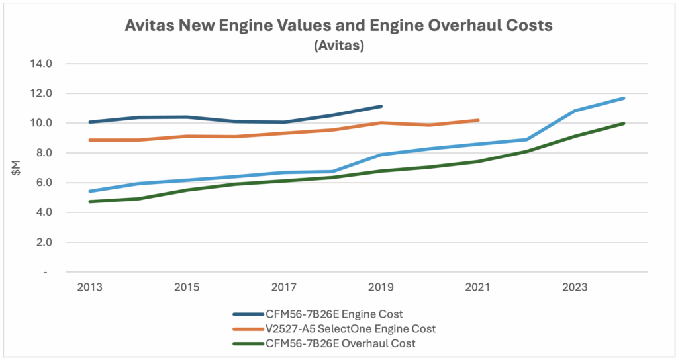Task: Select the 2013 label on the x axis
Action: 89,287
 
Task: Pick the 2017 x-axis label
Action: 284,287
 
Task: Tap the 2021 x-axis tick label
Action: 478,287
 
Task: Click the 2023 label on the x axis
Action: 575,287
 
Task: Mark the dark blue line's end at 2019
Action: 381,106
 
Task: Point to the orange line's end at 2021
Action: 478,120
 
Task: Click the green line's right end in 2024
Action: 624,123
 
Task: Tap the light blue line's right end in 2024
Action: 624,98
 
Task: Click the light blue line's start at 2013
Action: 89,191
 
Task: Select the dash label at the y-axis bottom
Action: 46,272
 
